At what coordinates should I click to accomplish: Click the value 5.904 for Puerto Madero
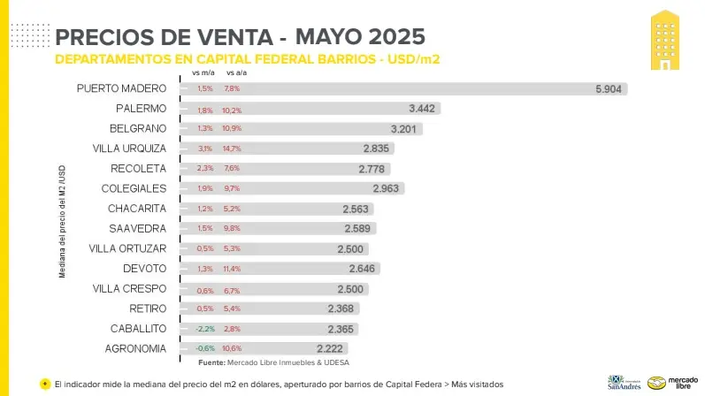[x=609, y=89]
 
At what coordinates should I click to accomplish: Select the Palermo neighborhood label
[x=141, y=109]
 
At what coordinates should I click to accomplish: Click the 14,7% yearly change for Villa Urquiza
[x=232, y=148]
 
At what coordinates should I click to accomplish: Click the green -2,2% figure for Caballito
[x=205, y=329]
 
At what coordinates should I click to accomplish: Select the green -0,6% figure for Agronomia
[x=205, y=348]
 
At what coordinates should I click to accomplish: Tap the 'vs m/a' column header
[x=204, y=73]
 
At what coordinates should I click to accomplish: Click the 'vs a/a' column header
[x=236, y=73]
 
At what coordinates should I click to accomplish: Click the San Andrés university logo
[x=625, y=383]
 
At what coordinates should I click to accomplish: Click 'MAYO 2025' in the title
[x=360, y=36]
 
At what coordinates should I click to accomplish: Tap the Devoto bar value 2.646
[x=364, y=269]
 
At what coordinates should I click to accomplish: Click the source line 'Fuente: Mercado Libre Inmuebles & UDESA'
[x=273, y=362]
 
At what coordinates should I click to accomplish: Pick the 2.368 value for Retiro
[x=341, y=308]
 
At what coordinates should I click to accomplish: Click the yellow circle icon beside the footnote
[x=45, y=384]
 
